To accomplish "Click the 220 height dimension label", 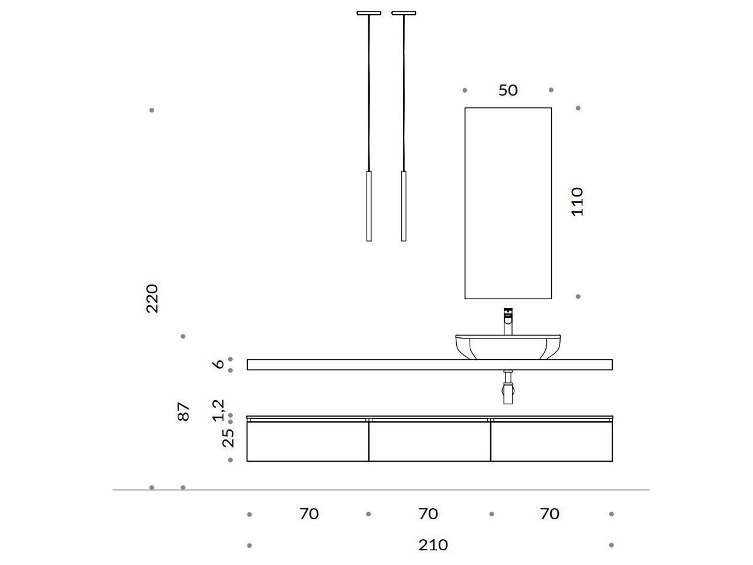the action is [x=152, y=299].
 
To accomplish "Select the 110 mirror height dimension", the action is [x=577, y=202].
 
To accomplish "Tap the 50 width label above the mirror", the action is [x=508, y=90].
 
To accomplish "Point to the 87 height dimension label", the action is [x=184, y=412].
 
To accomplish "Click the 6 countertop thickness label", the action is [x=218, y=364].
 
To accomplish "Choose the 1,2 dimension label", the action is [x=218, y=410].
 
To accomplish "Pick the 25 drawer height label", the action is [x=228, y=438].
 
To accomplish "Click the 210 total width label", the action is [x=433, y=545].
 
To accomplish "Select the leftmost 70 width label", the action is [x=308, y=514].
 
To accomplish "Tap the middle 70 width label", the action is [x=428, y=514].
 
